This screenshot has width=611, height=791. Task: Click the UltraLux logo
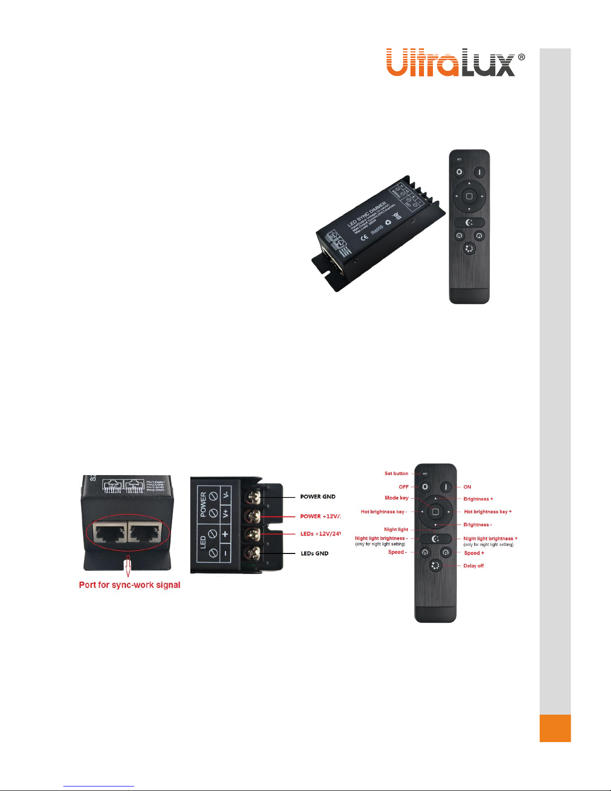pos(455,62)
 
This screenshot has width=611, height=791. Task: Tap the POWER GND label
pos(318,497)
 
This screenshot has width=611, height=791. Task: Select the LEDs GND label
pos(314,553)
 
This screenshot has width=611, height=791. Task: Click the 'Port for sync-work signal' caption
pos(130,585)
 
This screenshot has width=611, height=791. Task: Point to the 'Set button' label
pos(396,474)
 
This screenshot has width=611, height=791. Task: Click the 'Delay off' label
pos(473,566)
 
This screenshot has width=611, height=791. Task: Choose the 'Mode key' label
pos(397,498)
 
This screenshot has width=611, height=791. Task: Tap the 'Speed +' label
pos(474,553)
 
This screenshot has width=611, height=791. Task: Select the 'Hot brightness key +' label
pos(487,512)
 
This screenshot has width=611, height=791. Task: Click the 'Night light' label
pos(396,529)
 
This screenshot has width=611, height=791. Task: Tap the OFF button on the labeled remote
pos(425,487)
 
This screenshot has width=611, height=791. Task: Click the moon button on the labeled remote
pos(435,539)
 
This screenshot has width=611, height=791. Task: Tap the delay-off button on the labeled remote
pos(435,566)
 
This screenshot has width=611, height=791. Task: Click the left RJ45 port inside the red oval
pos(110,533)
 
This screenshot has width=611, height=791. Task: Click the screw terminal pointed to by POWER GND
pos(253,497)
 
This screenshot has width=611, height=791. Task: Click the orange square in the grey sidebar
pos(555,728)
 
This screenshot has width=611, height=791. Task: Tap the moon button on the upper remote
pos(469,223)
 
